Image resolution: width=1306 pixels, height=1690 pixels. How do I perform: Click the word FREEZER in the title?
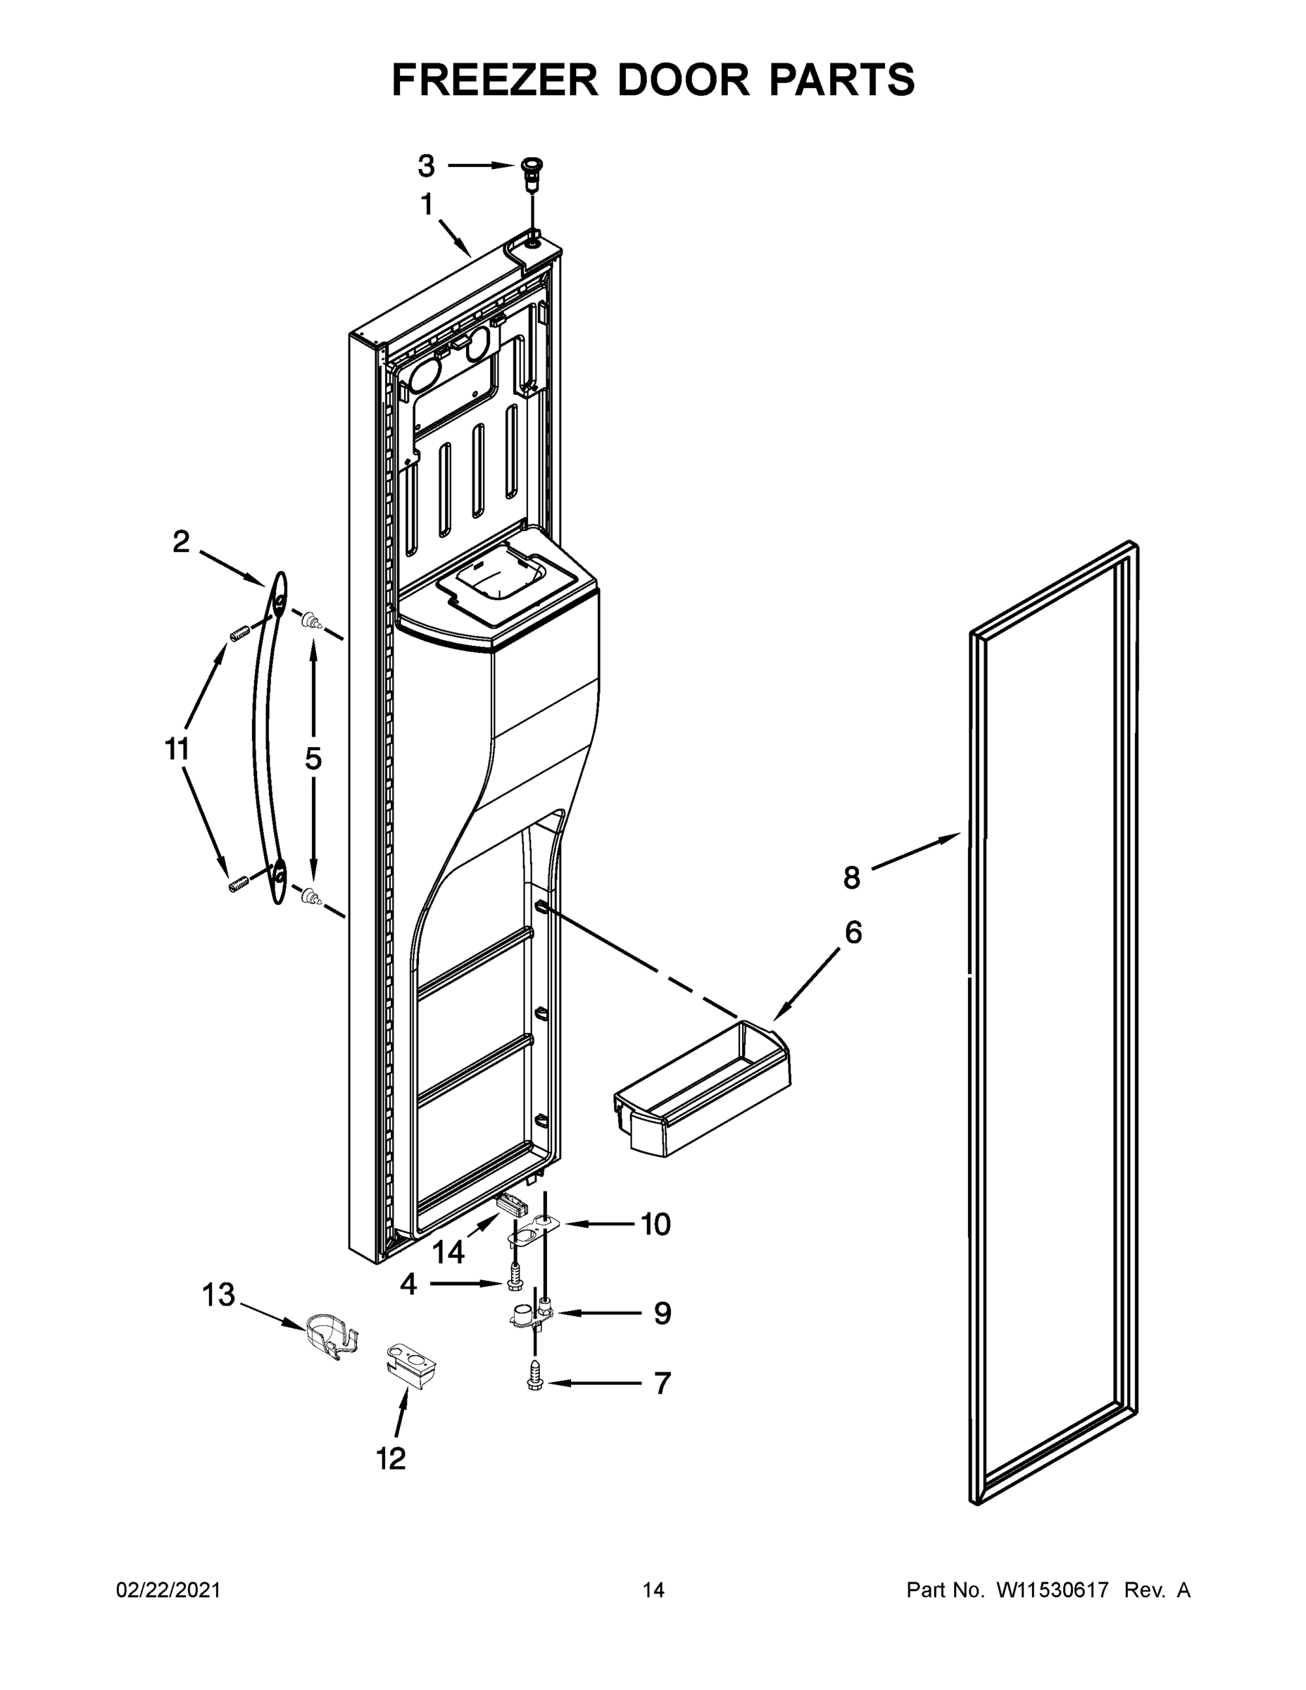[x=495, y=80]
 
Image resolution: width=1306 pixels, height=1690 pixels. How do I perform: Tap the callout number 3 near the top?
[x=427, y=165]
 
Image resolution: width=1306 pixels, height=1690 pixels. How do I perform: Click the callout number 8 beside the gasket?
[x=851, y=877]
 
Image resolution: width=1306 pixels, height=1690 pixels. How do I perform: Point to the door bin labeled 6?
[x=703, y=1098]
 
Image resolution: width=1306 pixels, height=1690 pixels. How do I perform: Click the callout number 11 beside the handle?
[x=177, y=749]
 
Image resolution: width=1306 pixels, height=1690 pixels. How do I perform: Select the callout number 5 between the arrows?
[x=313, y=759]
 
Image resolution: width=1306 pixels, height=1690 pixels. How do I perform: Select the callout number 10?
[x=655, y=1224]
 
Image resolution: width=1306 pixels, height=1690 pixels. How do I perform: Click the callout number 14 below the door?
[x=448, y=1252]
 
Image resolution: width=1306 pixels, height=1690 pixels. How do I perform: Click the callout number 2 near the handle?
[x=180, y=542]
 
